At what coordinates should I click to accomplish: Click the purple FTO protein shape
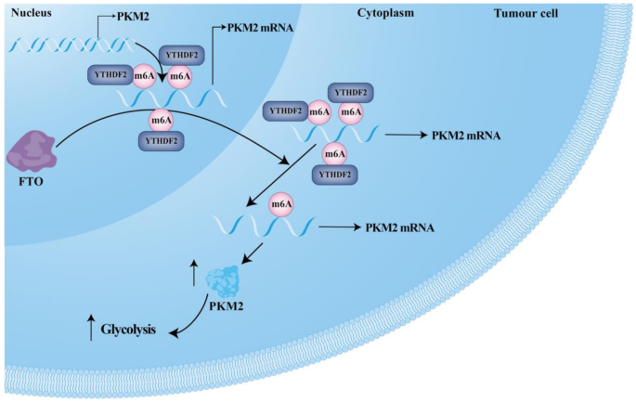point(32,149)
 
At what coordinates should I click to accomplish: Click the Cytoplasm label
point(385,13)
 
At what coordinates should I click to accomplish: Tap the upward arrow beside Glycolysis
point(91,328)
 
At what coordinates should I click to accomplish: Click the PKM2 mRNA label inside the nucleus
point(262,29)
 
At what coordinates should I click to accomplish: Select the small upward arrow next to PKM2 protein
point(193,272)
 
